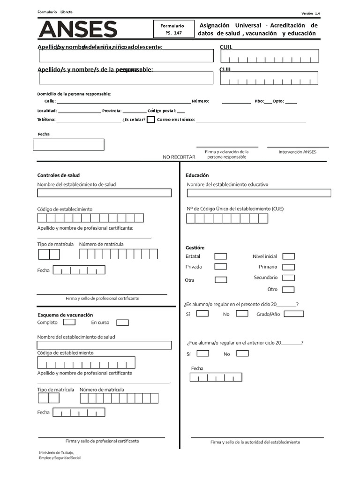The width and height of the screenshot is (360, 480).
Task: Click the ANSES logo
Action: tap(77, 30)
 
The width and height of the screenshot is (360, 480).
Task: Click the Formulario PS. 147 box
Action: tap(172, 30)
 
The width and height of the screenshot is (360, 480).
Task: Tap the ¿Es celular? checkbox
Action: tap(151, 120)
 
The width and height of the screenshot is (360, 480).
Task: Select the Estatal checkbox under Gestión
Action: tap(220, 256)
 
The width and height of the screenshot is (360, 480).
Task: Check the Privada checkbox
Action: tap(220, 267)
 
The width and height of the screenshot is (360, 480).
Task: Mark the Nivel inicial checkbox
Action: tap(289, 256)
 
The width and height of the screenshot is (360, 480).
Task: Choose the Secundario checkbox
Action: tap(289, 278)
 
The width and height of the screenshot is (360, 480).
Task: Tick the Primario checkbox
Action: tap(289, 267)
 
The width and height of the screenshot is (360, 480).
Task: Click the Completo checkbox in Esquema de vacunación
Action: tap(69, 322)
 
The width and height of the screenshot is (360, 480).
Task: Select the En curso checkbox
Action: tap(122, 322)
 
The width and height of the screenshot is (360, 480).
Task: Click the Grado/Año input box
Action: tap(293, 314)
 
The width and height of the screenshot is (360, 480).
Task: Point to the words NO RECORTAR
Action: tap(179, 157)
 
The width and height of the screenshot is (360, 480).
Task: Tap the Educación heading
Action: tap(197, 175)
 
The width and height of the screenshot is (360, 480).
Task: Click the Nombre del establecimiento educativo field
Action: tap(258, 193)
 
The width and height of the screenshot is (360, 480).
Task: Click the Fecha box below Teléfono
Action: tap(68, 144)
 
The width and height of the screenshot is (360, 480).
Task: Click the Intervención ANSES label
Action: tap(297, 152)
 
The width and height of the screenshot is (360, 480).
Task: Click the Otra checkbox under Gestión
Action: tap(220, 280)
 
